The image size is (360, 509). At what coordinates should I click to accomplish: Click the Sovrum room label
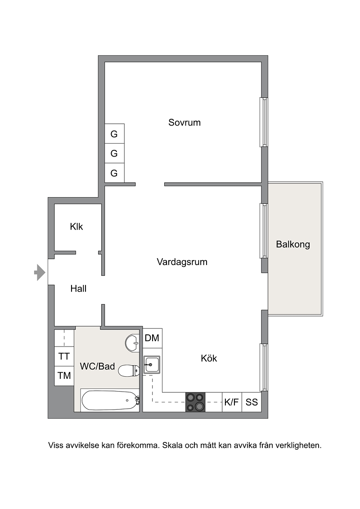184,122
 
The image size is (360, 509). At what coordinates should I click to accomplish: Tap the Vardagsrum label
182,262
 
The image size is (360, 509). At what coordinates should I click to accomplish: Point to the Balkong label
293,244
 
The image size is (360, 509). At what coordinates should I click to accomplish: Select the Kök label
209,358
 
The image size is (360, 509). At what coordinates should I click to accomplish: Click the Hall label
78,288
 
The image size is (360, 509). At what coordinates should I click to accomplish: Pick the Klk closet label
76,226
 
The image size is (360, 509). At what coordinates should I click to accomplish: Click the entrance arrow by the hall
40,272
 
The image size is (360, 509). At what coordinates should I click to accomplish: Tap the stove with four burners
195,402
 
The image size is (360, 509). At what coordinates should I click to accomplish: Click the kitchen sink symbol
152,365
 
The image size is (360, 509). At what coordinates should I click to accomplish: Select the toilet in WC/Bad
129,370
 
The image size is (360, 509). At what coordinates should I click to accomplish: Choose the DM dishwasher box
152,338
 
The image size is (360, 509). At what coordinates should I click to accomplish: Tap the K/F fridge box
232,402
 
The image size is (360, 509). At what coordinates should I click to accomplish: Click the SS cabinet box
252,402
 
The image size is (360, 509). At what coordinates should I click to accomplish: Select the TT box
64,356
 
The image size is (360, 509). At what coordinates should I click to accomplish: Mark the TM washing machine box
64,376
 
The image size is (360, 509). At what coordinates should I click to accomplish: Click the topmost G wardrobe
114,134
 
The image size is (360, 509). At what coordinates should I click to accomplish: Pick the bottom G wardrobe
114,173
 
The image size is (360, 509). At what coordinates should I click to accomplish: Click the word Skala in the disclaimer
172,445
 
